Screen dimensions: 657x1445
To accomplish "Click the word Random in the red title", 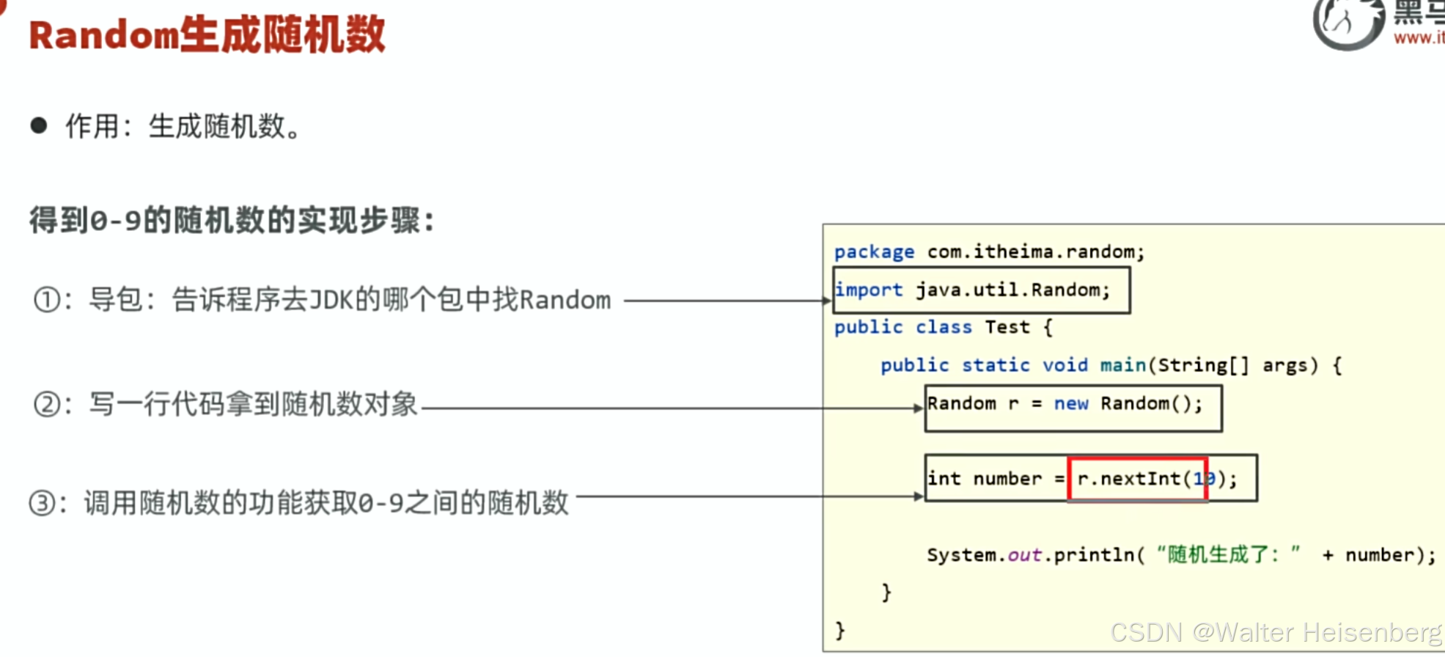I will point(103,35).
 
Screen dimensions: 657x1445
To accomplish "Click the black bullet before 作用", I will point(39,125).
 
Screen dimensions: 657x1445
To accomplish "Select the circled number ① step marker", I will point(48,300).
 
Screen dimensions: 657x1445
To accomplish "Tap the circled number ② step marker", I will point(48,404).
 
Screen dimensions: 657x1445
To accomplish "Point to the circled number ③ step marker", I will point(43,504).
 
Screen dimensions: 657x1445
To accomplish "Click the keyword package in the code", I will point(874,252).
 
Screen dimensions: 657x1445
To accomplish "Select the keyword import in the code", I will point(869,290).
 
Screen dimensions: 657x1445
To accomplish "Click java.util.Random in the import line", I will point(1012,290).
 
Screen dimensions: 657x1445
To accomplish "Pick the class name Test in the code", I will point(1007,327).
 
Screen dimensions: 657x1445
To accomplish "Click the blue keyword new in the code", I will point(1071,404).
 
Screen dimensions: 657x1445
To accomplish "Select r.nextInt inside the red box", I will point(1129,479).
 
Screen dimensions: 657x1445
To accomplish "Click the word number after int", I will point(1007,479).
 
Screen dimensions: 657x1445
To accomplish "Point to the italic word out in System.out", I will point(1024,555).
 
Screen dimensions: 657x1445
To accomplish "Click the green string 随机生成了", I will point(1217,554).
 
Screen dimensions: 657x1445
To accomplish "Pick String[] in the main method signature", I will point(1202,365).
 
